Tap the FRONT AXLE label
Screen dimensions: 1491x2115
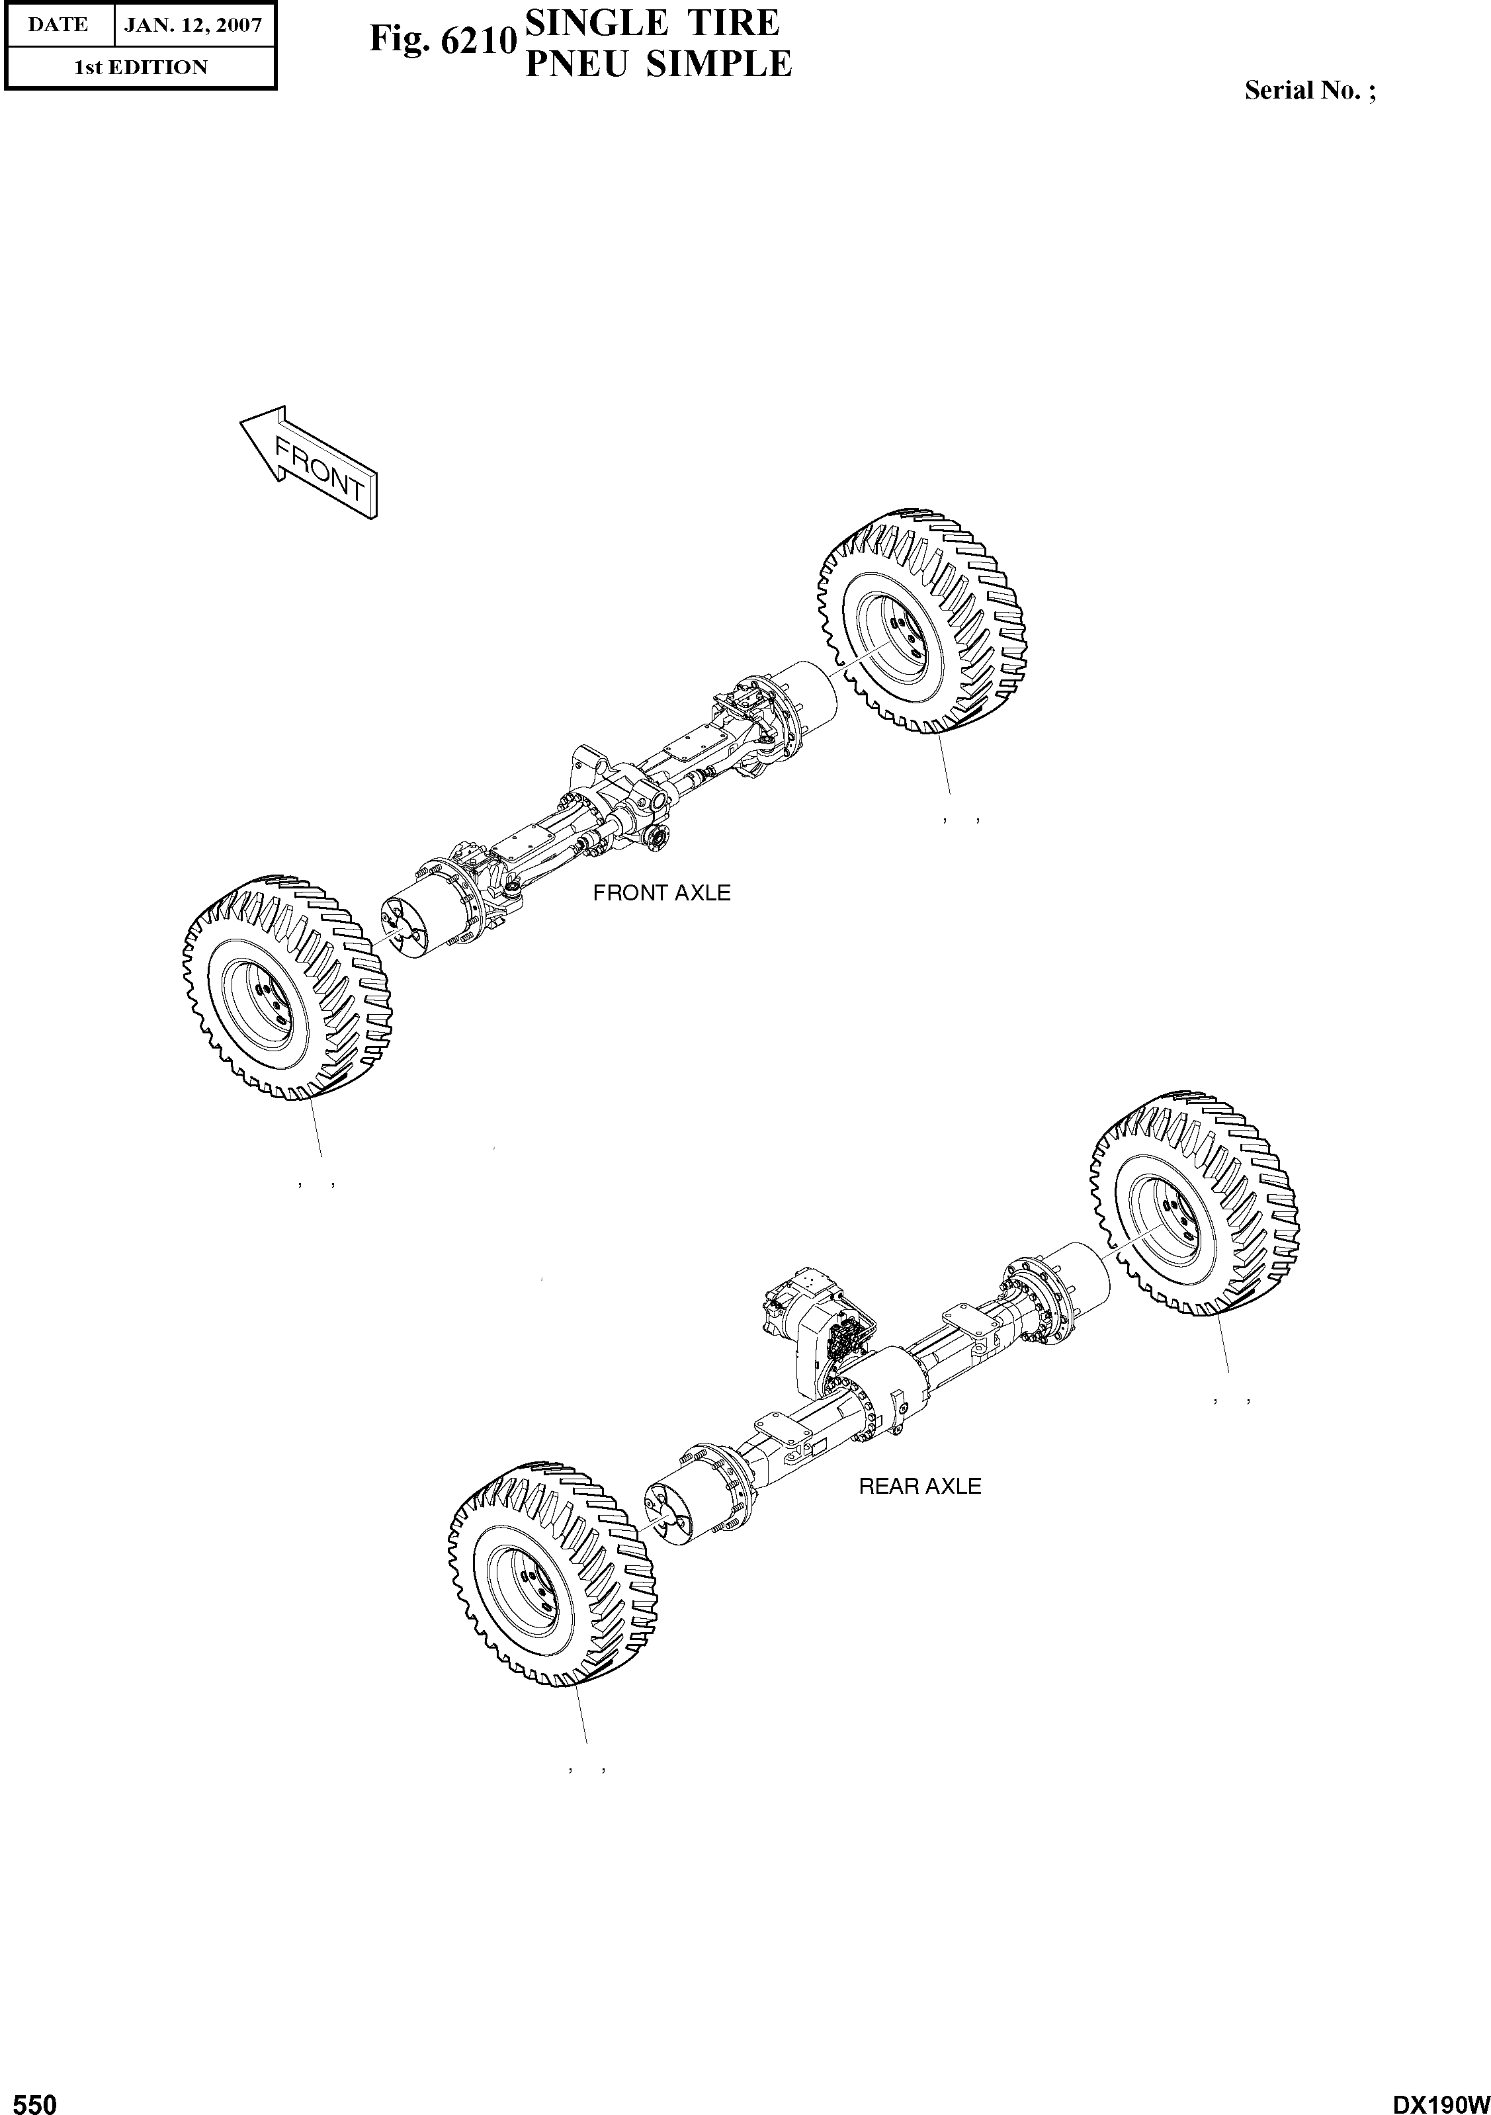(661, 892)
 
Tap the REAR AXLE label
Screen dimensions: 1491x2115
(919, 1486)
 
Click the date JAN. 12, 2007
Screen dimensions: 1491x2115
(193, 25)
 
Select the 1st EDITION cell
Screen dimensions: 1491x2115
(141, 67)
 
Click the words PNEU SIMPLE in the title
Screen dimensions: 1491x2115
(658, 64)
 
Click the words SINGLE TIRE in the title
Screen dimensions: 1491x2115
(650, 21)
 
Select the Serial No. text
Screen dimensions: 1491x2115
(1310, 90)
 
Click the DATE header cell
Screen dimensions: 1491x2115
(57, 25)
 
